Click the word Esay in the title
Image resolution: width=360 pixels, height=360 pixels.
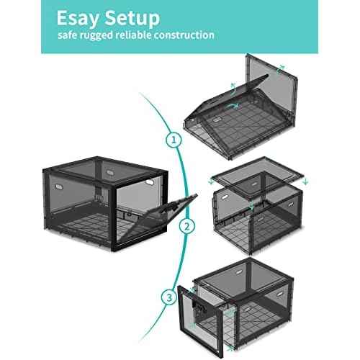pyautogui.click(x=80, y=17)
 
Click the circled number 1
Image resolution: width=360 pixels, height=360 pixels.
pyautogui.click(x=174, y=140)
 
